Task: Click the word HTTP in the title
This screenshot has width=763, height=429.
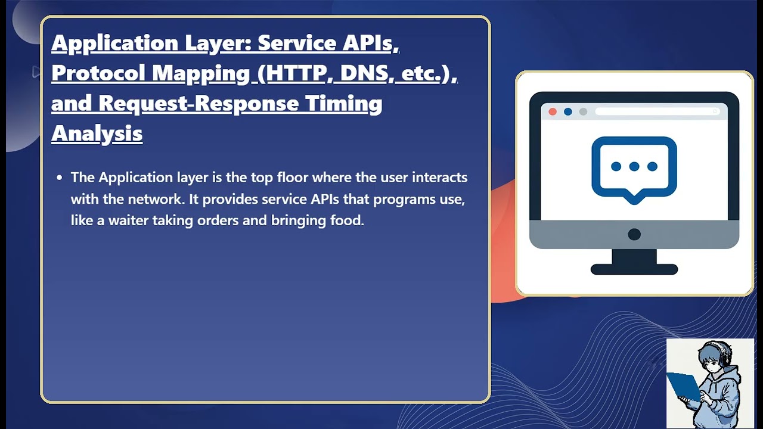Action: coord(296,73)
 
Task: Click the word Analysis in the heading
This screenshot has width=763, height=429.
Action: coord(97,133)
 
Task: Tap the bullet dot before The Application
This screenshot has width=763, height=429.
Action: coord(59,178)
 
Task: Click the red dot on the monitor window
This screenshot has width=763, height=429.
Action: coord(553,111)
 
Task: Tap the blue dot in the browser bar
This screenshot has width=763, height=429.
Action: coord(567,111)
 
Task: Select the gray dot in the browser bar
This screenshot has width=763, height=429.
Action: coord(583,111)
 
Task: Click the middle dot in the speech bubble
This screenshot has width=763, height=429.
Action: coord(634,167)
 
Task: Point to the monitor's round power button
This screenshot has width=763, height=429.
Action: coord(634,234)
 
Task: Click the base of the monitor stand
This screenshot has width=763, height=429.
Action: coord(634,269)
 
